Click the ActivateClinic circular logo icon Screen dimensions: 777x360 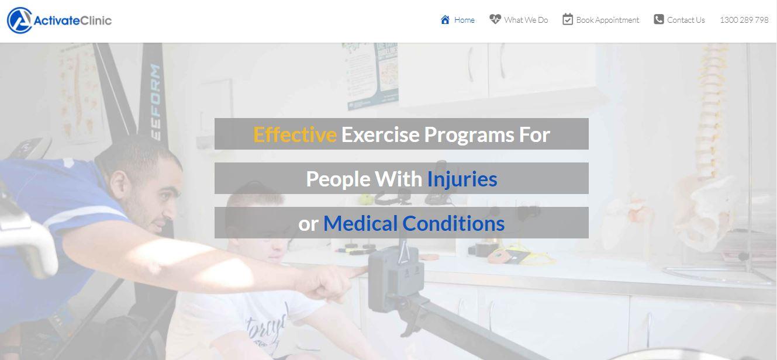tap(19, 20)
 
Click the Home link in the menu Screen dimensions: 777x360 tap(464, 20)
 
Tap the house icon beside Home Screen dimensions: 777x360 tap(445, 19)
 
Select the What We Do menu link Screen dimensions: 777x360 tap(526, 20)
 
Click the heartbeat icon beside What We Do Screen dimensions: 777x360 tap(495, 19)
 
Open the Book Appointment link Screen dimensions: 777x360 tap(607, 20)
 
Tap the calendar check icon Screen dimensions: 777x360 tap(568, 19)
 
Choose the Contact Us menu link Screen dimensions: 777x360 tap(686, 20)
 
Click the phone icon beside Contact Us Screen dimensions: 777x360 tap(659, 19)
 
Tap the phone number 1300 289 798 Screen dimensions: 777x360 tap(744, 20)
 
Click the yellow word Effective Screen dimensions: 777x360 tap(295, 134)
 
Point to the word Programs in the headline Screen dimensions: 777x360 tap(469, 136)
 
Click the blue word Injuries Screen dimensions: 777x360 tap(462, 179)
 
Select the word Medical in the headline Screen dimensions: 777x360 tap(360, 223)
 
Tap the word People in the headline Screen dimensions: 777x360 tap(338, 179)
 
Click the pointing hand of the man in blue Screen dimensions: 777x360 tap(328, 283)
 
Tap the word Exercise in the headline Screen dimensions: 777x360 tap(381, 134)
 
